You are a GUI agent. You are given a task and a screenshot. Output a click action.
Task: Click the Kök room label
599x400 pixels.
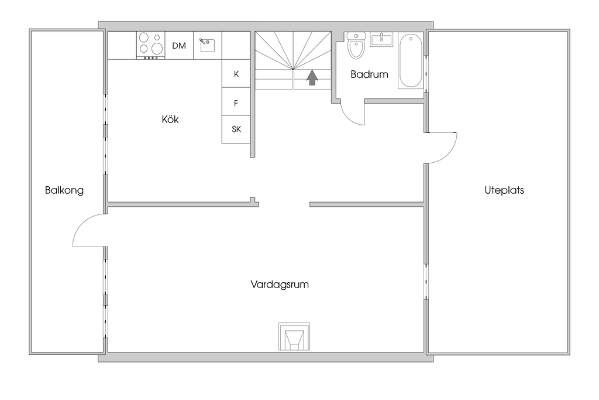[170, 119]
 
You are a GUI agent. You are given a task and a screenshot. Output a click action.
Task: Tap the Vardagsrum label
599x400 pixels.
[280, 285]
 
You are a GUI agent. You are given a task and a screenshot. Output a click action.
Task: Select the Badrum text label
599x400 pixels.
[370, 74]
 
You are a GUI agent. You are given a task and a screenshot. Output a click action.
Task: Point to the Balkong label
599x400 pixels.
[64, 190]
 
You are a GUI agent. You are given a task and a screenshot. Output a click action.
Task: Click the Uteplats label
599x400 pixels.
[504, 190]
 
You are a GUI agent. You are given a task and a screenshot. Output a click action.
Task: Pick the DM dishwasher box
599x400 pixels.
[179, 46]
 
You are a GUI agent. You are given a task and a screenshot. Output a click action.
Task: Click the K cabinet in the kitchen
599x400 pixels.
[236, 73]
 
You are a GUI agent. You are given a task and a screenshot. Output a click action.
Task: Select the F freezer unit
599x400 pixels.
[236, 102]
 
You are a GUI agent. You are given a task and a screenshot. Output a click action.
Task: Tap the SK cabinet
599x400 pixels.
[236, 129]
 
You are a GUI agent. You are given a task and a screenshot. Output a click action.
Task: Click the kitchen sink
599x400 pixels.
[207, 45]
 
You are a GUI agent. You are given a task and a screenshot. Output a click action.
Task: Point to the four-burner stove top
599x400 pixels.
[150, 46]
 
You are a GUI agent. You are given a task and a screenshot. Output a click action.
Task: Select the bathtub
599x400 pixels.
[411, 60]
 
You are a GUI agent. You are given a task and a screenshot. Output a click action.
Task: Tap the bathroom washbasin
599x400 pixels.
[381, 39]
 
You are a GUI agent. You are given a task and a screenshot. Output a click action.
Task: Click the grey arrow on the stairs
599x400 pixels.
[312, 77]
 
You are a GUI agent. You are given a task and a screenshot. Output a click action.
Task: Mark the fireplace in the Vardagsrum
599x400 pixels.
[294, 337]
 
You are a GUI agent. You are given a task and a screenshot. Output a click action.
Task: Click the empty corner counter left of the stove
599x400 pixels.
[122, 46]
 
